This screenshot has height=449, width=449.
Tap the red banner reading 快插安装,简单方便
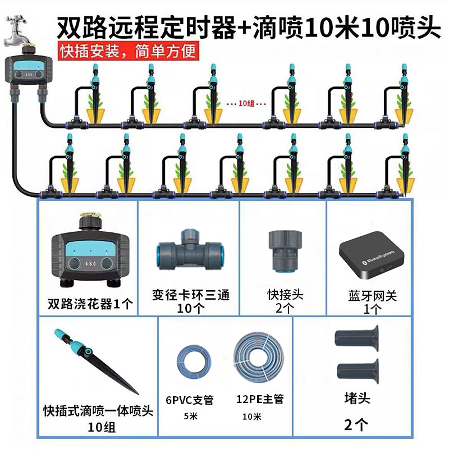pos(129,51)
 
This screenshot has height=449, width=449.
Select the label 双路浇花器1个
pos(90,305)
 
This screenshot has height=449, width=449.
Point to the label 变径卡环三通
pos(191,295)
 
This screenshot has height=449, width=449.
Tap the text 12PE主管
pos(260,399)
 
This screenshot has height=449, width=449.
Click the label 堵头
pos(357,399)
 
